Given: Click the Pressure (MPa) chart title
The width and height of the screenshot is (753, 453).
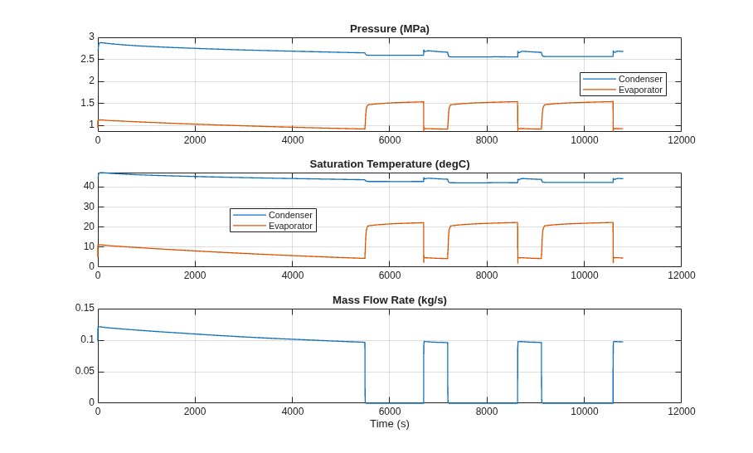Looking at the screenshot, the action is click(390, 29).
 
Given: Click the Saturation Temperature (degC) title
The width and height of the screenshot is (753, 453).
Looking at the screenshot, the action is click(390, 164).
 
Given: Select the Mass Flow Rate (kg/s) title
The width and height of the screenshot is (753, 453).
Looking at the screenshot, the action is click(390, 300).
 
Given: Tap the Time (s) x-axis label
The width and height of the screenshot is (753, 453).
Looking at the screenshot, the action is click(390, 424).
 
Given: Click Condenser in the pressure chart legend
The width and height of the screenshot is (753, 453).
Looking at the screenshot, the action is click(640, 79).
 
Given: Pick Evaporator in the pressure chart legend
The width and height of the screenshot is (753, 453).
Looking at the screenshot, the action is click(640, 90).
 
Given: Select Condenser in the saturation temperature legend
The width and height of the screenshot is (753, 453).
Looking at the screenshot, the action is click(290, 215).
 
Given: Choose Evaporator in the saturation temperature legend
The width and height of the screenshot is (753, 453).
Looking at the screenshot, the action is click(290, 226).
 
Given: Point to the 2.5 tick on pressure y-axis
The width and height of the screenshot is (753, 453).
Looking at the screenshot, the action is click(87, 59).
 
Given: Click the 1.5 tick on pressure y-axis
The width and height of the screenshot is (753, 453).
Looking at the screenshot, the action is click(87, 103).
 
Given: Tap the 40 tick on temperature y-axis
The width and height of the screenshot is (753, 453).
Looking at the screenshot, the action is click(89, 186).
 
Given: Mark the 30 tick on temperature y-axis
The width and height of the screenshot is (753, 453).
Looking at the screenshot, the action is click(89, 207).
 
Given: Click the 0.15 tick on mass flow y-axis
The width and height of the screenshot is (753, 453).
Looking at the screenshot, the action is click(85, 308).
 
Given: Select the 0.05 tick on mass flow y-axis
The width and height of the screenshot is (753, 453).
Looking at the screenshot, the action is click(85, 371).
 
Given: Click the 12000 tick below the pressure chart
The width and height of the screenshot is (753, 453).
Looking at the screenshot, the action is click(681, 139).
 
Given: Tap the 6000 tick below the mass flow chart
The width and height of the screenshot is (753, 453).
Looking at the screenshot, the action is click(390, 412).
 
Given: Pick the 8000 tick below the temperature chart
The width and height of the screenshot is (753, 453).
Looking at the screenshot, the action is click(487, 275).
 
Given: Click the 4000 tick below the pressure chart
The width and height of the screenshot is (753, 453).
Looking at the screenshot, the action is click(293, 139).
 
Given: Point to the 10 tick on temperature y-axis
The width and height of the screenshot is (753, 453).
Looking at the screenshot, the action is click(89, 246).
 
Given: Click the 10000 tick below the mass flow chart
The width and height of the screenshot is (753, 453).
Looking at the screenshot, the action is click(584, 412).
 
